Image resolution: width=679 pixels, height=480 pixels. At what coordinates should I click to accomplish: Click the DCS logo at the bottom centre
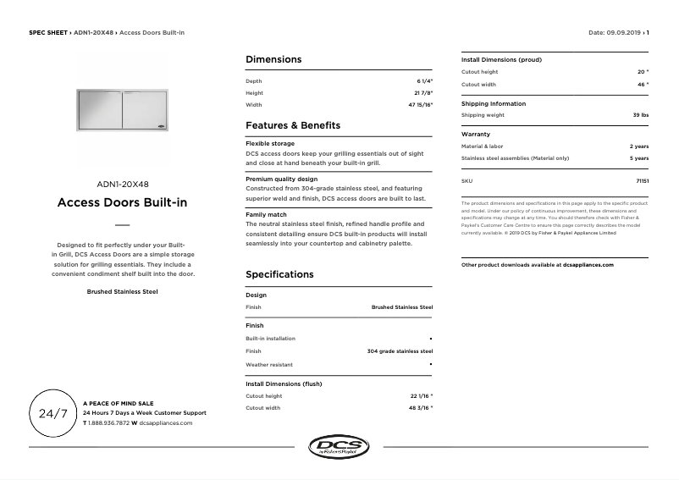pos(339,447)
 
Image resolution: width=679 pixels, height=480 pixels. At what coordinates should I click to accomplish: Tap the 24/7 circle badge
pos(53,413)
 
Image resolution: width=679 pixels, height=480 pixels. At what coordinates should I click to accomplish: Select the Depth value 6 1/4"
pos(423,80)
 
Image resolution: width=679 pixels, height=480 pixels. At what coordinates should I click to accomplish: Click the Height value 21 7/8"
pos(423,93)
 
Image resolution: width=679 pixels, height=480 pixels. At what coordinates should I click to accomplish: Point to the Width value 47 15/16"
pos(420,105)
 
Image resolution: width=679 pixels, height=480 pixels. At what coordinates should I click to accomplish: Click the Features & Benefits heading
pos(293,125)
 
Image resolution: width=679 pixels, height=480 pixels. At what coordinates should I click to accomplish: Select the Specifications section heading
pos(279,274)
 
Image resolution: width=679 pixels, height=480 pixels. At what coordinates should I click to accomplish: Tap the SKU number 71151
pos(642,181)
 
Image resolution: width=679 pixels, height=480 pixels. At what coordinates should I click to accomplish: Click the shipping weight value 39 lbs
pos(640,115)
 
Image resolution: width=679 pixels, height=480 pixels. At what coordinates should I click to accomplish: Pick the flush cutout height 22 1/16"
pos(420,396)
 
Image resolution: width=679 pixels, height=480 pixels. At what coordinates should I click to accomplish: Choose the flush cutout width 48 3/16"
pos(420,408)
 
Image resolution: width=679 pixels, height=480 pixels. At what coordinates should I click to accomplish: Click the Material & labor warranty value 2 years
pos(639,146)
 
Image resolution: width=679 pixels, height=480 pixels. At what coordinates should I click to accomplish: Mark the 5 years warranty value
pos(639,158)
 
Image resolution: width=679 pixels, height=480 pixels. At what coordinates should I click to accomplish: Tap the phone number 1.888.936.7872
pos(109,422)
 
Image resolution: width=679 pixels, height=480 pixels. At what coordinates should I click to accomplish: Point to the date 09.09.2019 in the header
pos(625,32)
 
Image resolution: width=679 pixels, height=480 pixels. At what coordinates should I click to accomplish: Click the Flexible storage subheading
pos(270,144)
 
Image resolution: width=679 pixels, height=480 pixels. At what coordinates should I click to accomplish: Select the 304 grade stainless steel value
pos(400,350)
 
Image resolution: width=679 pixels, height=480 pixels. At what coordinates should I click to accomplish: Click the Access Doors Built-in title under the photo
pos(122,203)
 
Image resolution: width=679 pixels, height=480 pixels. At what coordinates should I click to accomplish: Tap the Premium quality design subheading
pos(281,179)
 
